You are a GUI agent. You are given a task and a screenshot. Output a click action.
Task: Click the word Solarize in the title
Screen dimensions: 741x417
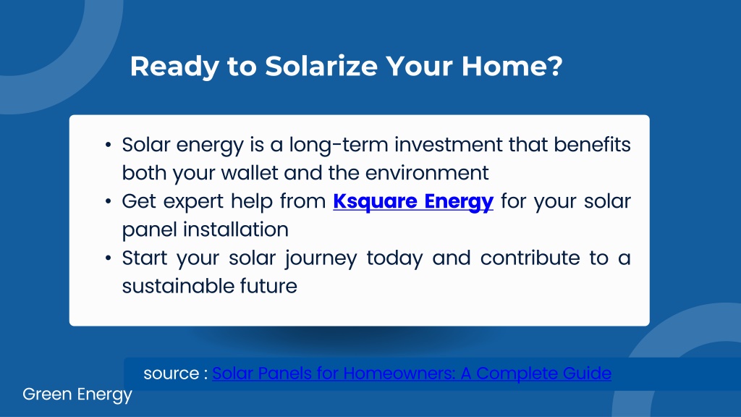tap(321, 66)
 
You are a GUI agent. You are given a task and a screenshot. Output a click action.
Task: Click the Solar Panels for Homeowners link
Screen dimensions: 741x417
tap(412, 374)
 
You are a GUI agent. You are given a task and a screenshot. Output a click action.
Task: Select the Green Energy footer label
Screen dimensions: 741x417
tap(77, 395)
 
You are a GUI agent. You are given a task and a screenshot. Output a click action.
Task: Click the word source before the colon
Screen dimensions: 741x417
tap(172, 374)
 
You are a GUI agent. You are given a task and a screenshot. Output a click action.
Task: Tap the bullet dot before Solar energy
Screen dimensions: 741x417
tap(109, 145)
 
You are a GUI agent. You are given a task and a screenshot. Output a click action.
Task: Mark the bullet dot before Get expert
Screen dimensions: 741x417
tap(109, 202)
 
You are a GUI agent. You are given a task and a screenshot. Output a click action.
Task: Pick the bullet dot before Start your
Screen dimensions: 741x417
tap(109, 258)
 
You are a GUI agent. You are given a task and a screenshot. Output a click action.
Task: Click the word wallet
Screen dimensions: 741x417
tap(250, 172)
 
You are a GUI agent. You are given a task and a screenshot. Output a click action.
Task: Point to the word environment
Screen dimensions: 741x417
tap(427, 173)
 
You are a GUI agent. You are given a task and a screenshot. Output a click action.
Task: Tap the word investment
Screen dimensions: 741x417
tap(449, 145)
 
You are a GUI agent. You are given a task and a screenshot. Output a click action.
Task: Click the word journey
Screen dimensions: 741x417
tap(321, 259)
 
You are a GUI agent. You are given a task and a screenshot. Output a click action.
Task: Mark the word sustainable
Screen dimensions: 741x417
tap(178, 287)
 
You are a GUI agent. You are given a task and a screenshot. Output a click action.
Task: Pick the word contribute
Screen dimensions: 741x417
tap(530, 258)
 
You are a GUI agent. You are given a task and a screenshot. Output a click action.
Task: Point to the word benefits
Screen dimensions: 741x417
tap(592, 145)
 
